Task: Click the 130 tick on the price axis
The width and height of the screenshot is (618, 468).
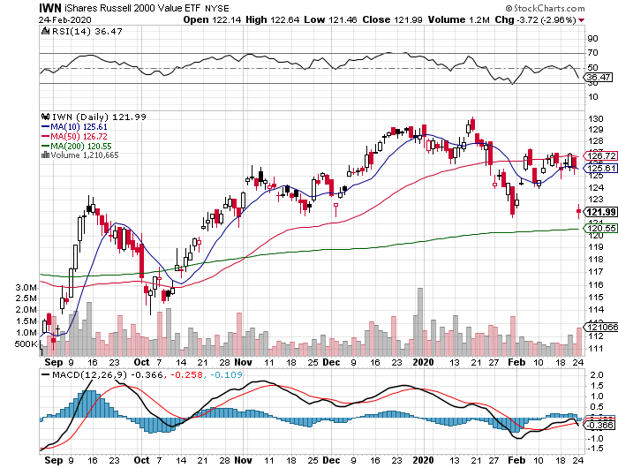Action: [x=595, y=117]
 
